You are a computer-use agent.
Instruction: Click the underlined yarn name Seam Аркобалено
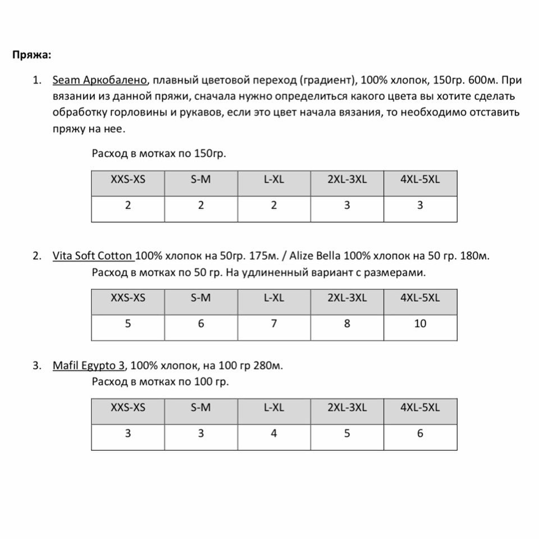[100, 80]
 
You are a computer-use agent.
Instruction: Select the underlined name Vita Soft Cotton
[93, 256]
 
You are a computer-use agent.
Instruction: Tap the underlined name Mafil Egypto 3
[89, 366]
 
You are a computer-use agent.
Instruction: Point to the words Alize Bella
[315, 256]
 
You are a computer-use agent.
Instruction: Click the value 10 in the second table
[420, 323]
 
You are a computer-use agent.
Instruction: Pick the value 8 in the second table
[347, 323]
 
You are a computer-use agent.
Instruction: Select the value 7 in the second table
[274, 323]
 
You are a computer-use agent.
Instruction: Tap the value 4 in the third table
[274, 433]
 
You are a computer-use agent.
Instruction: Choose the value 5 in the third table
[347, 433]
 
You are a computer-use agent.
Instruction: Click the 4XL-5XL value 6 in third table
[420, 433]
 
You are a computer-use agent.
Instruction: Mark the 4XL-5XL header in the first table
[420, 180]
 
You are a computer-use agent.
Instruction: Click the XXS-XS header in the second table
[128, 298]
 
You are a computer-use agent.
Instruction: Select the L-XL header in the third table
[274, 408]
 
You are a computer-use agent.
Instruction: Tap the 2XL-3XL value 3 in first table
[347, 205]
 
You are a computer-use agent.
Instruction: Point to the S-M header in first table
[201, 180]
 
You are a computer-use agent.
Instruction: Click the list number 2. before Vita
[36, 256]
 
